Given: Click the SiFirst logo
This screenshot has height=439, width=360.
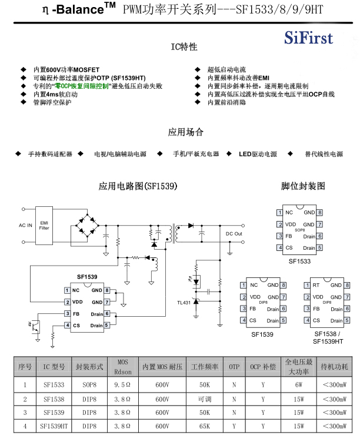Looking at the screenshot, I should (x=308, y=39).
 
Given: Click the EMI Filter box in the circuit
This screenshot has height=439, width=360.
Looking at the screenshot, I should (x=44, y=225).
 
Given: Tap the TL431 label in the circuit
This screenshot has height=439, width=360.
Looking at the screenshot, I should (x=184, y=303).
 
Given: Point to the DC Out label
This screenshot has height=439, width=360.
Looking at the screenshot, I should (x=234, y=234).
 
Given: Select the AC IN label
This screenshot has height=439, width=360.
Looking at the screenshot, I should (x=26, y=225).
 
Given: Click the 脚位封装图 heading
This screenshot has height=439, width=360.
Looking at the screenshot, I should (x=303, y=186).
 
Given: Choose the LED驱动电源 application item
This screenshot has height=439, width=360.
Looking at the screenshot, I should (x=258, y=154).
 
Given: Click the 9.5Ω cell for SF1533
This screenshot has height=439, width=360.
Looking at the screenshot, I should (x=123, y=386).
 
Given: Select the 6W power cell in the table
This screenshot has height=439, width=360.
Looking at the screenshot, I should (x=299, y=386).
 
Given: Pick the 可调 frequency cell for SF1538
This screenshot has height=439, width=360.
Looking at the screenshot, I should (x=205, y=399).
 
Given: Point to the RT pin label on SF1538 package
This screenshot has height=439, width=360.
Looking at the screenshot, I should (x=316, y=285).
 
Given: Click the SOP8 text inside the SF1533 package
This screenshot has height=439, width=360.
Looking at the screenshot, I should (x=299, y=230).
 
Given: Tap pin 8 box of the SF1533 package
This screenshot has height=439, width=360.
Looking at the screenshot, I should (x=319, y=212).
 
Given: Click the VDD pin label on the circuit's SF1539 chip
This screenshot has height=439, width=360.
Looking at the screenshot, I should (x=77, y=301).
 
